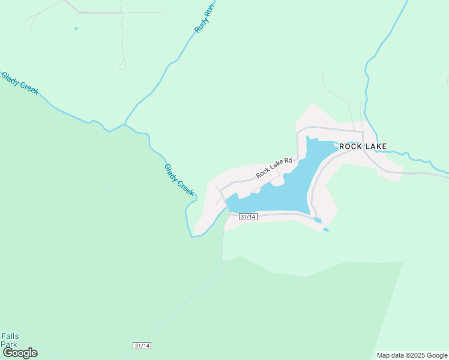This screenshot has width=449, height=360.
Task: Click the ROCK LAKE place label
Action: pyautogui.click(x=363, y=146)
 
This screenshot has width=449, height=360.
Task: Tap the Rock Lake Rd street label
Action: pyautogui.click(x=274, y=167)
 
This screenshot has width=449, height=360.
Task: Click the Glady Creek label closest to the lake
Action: pyautogui.click(x=179, y=180)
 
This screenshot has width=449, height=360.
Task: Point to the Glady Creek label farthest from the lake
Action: pyautogui.click(x=19, y=83)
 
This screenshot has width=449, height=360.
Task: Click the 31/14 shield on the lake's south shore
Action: pyautogui.click(x=248, y=217)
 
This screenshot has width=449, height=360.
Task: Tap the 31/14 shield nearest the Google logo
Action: pyautogui.click(x=142, y=346)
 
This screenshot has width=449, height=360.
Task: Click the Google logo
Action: pyautogui.click(x=20, y=353)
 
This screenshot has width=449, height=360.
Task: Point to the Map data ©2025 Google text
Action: pyautogui.click(x=412, y=355)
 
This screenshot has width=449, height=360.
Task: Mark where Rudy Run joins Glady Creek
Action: pyautogui.click(x=124, y=124)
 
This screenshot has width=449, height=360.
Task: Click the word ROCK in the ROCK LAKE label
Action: pyautogui.click(x=351, y=146)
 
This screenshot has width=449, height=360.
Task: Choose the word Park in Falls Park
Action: pyautogui.click(x=9, y=344)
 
